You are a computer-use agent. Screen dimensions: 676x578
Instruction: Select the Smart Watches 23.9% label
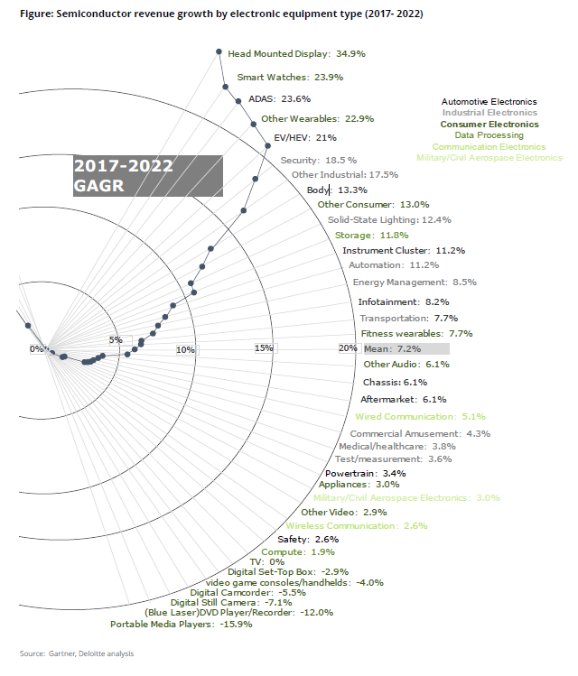(290, 78)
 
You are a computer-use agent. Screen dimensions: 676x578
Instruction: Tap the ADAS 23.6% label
(278, 98)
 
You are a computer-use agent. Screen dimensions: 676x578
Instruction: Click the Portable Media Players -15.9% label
(181, 624)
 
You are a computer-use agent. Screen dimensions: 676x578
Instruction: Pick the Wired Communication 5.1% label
(421, 417)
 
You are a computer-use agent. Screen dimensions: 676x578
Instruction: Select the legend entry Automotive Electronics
(489, 103)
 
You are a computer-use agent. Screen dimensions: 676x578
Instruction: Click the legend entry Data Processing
(489, 135)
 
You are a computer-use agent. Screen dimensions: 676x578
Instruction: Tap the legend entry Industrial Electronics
(489, 114)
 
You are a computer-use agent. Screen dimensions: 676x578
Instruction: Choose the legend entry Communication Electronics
(489, 146)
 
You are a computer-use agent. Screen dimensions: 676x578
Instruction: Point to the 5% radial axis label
(115, 339)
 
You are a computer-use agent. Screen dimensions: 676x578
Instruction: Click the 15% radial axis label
(263, 348)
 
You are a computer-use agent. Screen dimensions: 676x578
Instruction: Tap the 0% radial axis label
(37, 348)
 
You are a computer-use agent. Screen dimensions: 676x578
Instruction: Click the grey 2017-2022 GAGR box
(147, 175)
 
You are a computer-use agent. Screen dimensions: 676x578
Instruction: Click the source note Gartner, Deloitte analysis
(77, 653)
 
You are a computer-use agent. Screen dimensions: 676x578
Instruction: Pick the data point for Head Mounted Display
(219, 52)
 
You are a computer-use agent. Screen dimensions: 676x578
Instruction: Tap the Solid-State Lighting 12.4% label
(389, 219)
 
